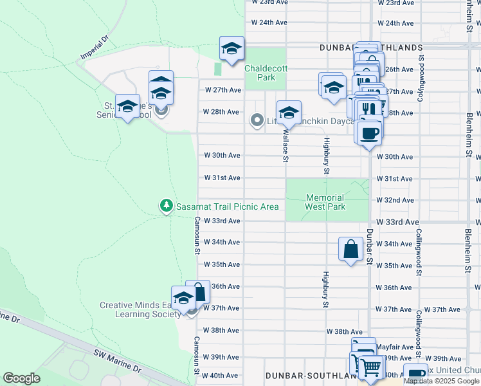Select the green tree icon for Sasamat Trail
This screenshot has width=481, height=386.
(166, 206)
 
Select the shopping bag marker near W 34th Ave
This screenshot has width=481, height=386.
(350, 250)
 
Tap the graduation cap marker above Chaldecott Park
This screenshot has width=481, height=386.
(231, 48)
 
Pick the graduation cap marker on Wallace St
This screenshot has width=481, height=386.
(289, 113)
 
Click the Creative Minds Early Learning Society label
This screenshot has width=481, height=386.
(140, 309)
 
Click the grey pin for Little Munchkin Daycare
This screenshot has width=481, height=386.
(257, 120)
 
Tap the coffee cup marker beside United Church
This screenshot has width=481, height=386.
(415, 374)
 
